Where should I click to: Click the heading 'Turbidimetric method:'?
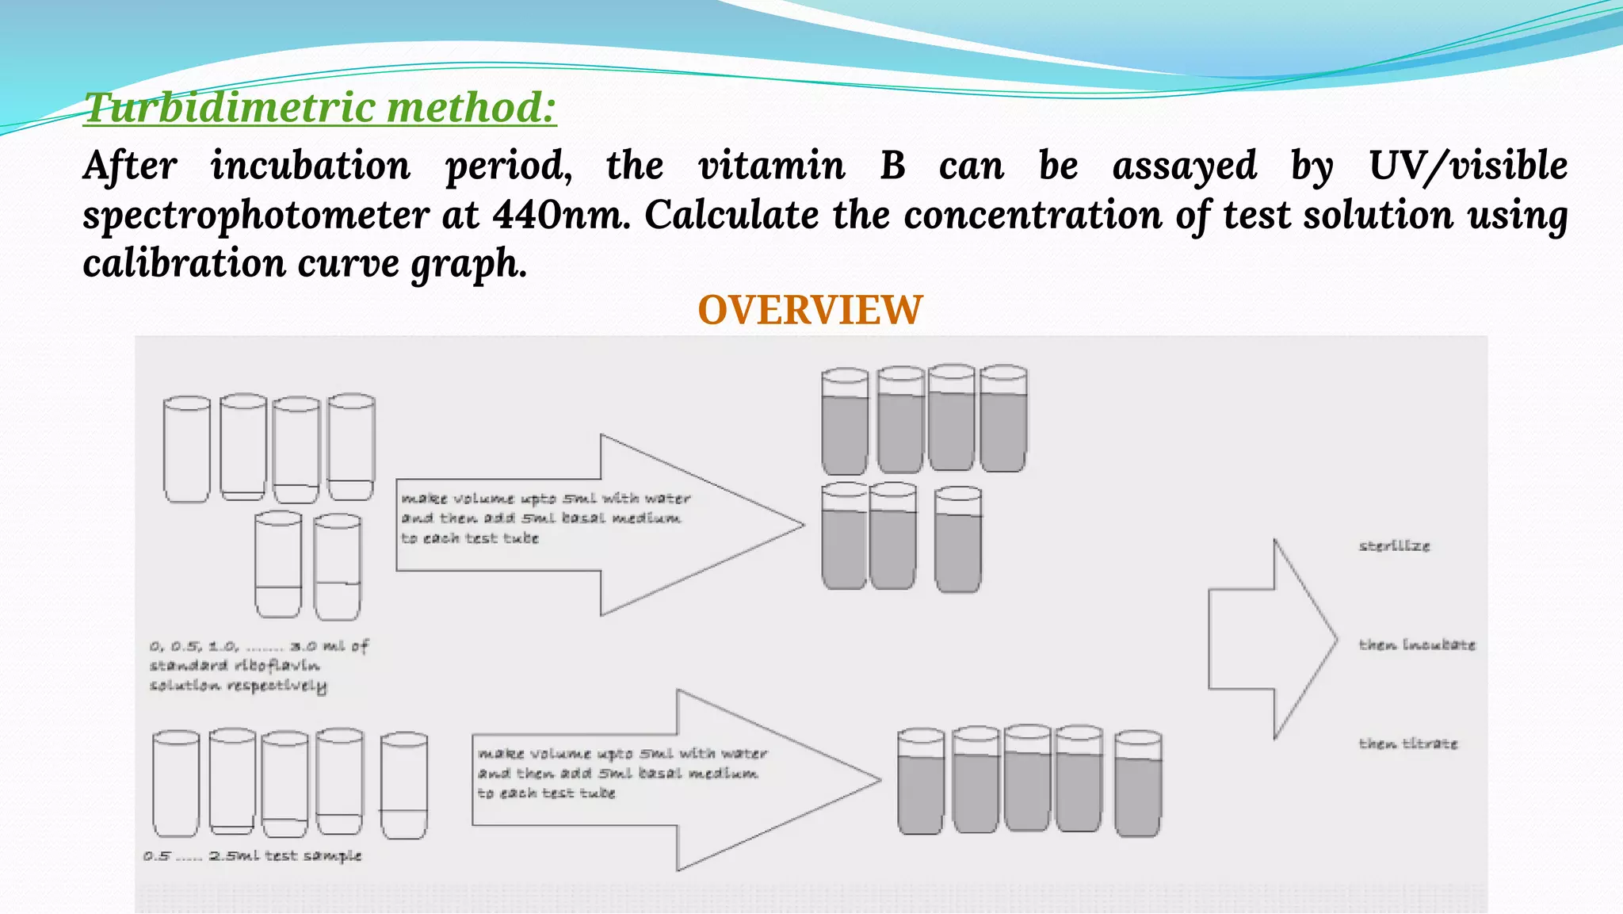320,108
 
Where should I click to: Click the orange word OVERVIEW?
810,310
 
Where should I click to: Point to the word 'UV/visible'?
1468,166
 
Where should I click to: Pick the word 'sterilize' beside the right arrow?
1394,546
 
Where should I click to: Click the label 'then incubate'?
1417,645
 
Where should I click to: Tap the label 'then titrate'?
1408,744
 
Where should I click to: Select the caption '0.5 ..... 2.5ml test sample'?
253,856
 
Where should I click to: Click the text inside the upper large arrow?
545,518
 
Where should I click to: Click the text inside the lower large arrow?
621,773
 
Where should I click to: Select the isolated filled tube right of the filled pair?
958,541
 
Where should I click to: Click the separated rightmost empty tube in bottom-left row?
404,785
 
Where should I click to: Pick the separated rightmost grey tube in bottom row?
1138,784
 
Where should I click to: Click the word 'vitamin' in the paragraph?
771,166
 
